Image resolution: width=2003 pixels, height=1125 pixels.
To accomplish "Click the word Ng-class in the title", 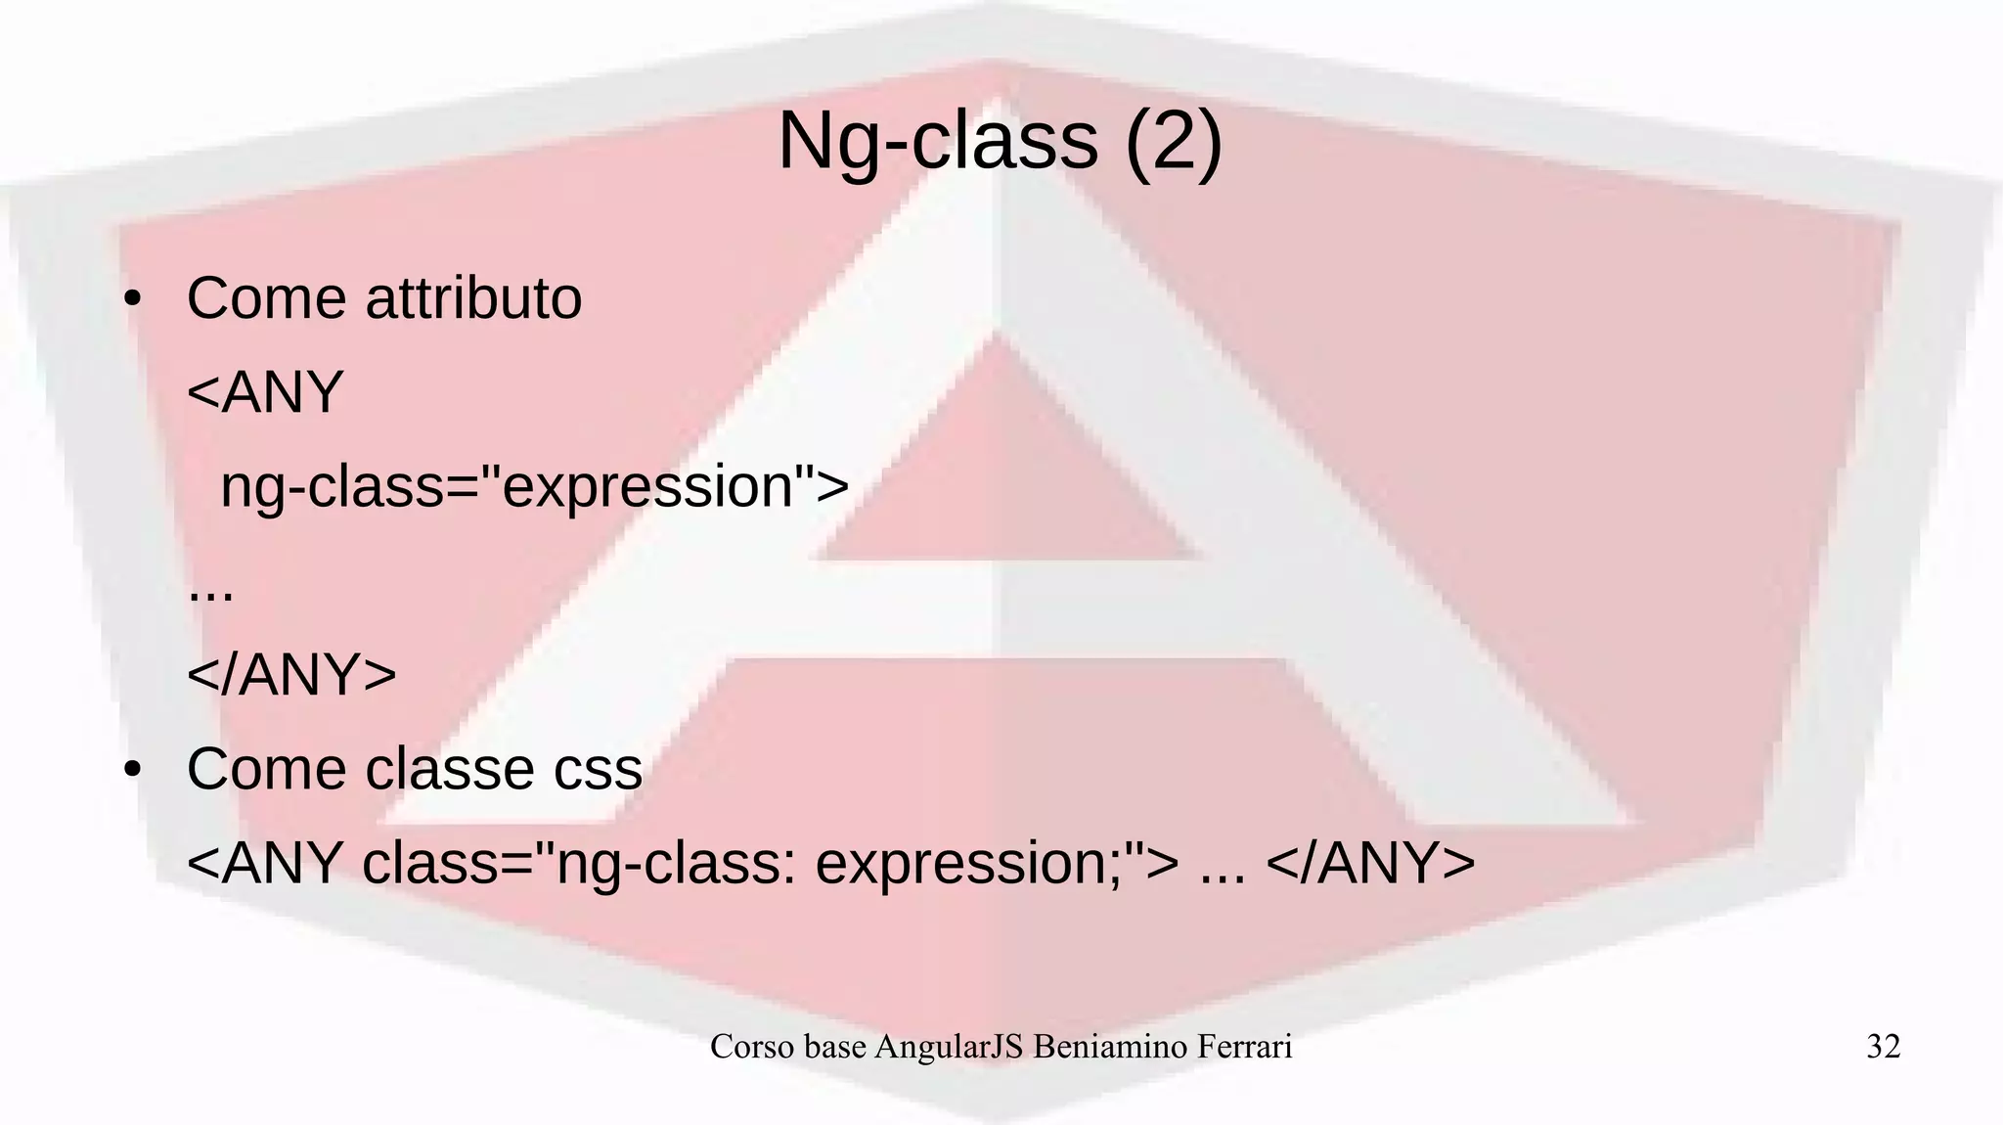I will coord(938,143).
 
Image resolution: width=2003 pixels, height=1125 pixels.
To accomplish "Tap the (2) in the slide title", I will coord(1173,143).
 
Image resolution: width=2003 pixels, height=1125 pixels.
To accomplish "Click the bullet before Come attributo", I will coord(133,298).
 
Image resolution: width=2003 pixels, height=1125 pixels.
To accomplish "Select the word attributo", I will coord(473,298).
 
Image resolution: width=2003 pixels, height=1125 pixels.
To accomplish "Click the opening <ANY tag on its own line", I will coord(265,392).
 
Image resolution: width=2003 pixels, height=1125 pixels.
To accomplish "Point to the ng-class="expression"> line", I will coord(534,486).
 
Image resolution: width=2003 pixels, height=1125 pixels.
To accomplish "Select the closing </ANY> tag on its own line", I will coord(291,674).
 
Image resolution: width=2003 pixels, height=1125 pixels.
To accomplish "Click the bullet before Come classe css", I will coord(133,769).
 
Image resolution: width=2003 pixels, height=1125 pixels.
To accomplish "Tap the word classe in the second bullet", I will coord(450,769).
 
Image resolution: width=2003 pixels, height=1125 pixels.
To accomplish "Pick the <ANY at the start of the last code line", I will coord(265,863).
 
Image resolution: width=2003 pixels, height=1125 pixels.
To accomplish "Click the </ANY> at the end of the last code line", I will coord(1370,863).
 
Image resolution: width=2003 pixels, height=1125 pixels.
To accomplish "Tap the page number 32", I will coord(1883,1047).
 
